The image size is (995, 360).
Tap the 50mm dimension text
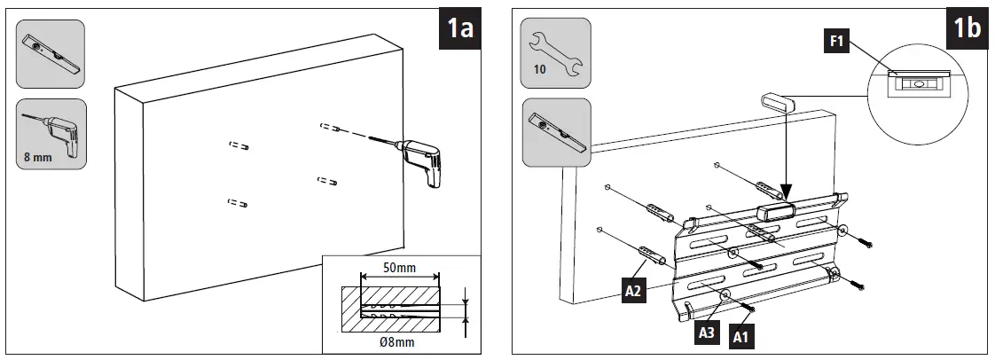[x=402, y=268]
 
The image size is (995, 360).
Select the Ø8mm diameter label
[x=396, y=340]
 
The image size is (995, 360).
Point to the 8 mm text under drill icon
[x=40, y=160]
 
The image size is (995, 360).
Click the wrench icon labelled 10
[x=555, y=52]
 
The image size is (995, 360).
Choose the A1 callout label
[x=739, y=336]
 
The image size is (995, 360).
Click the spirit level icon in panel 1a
[x=51, y=55]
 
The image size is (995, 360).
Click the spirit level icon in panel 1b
[x=556, y=132]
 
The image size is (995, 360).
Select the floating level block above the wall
[x=778, y=99]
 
